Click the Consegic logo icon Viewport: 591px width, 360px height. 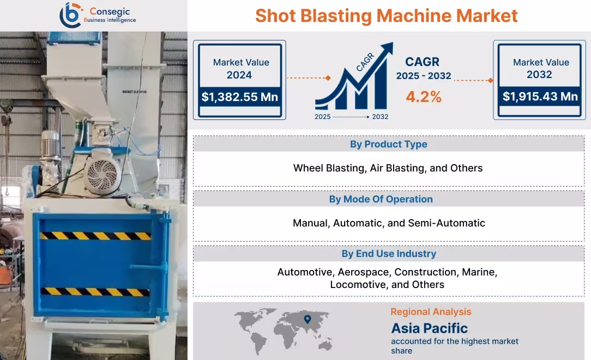tap(70, 15)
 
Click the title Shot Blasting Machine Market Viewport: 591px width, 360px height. tap(386, 15)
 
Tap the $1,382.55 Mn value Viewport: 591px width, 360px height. tap(240, 97)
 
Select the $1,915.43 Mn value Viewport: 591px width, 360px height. tap(540, 97)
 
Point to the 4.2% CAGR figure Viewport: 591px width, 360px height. tap(423, 97)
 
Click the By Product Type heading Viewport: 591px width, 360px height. tap(388, 144)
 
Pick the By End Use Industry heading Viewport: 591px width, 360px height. tap(388, 254)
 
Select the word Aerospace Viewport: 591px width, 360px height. tap(363, 272)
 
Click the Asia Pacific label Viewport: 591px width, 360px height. tap(429, 328)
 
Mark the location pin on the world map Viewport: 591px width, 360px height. tap(307, 319)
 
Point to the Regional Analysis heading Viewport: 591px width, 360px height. tap(431, 312)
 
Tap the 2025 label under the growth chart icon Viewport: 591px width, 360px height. tap(322, 117)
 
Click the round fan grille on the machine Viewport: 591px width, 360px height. tap(102, 175)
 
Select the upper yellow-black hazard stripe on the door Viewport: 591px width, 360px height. tap(95, 236)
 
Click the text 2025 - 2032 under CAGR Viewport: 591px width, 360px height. tap(423, 76)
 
